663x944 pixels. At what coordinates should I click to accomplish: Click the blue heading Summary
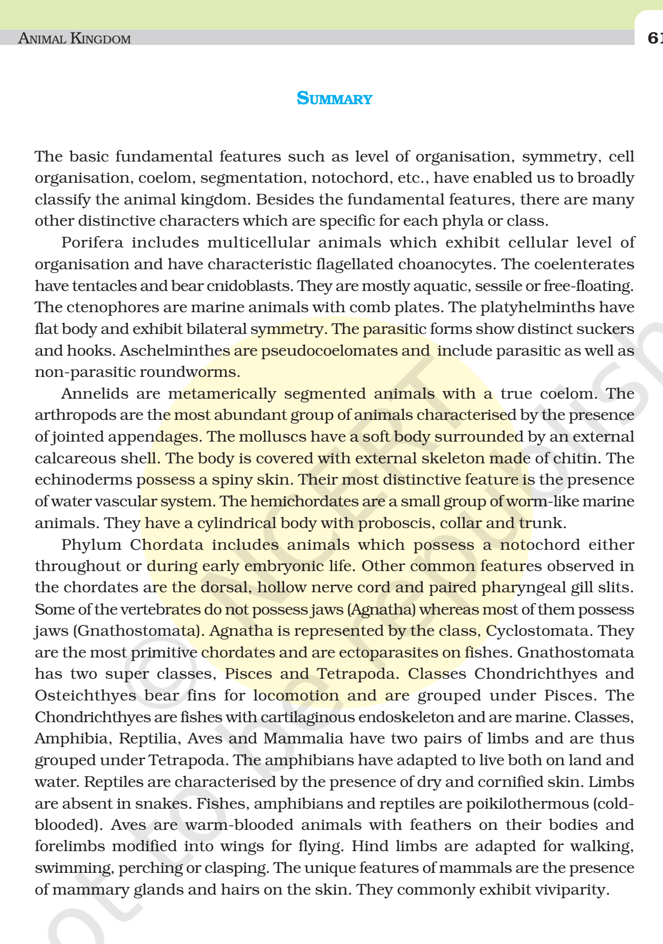334,98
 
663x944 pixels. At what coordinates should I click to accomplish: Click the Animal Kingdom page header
74,38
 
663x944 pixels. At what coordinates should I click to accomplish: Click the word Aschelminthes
175,351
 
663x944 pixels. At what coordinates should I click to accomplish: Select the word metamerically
222,394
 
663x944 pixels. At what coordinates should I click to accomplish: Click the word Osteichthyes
85,696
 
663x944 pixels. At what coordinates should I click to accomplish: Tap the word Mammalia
303,739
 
